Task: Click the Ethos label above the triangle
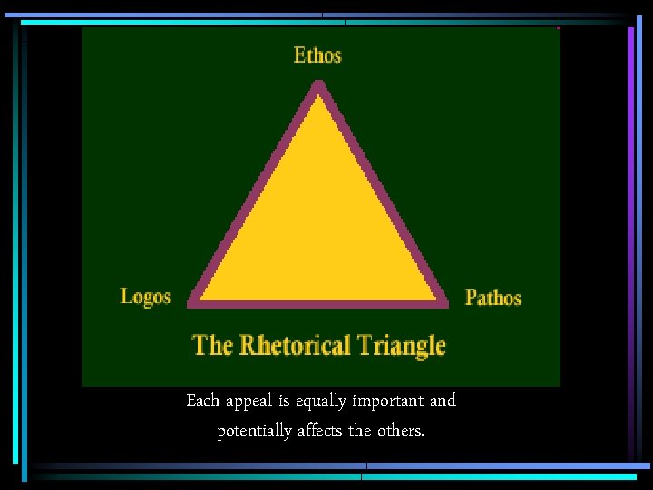click(x=317, y=55)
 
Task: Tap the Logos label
click(x=145, y=297)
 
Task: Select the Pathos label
click(x=493, y=298)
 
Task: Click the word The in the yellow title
click(x=213, y=346)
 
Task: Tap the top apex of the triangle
click(x=318, y=85)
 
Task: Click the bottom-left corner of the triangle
click(x=193, y=299)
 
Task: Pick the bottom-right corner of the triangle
click(x=443, y=299)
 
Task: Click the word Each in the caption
click(x=202, y=400)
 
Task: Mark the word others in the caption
click(x=399, y=430)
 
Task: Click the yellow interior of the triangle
click(x=318, y=227)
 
